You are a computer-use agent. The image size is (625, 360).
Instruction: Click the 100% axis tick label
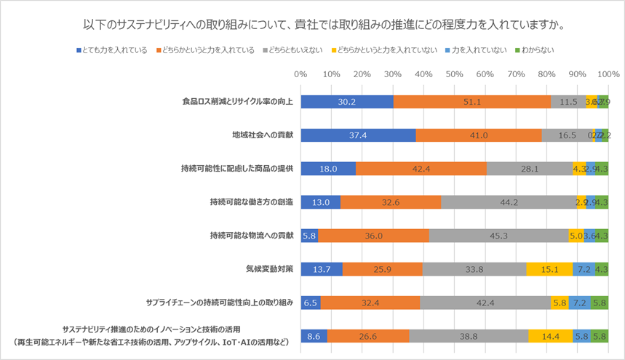tap(608, 73)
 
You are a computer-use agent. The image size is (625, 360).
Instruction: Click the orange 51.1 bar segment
tap(471, 102)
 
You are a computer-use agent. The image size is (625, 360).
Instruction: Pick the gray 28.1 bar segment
tap(529, 169)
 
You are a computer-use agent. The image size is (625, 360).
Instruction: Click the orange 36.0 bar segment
tap(373, 236)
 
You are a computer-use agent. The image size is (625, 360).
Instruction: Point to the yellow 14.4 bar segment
tap(550, 336)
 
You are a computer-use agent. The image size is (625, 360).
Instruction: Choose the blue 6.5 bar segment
tap(310, 303)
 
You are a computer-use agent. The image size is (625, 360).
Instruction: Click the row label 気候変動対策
tap(268, 269)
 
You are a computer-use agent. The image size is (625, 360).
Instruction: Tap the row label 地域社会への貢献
tap(263, 135)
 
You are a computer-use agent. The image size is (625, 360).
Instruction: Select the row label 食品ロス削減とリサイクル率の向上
tap(238, 102)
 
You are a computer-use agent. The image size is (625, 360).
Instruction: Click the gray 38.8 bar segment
tap(469, 336)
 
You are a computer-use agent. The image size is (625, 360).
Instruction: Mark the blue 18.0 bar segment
tap(328, 169)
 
